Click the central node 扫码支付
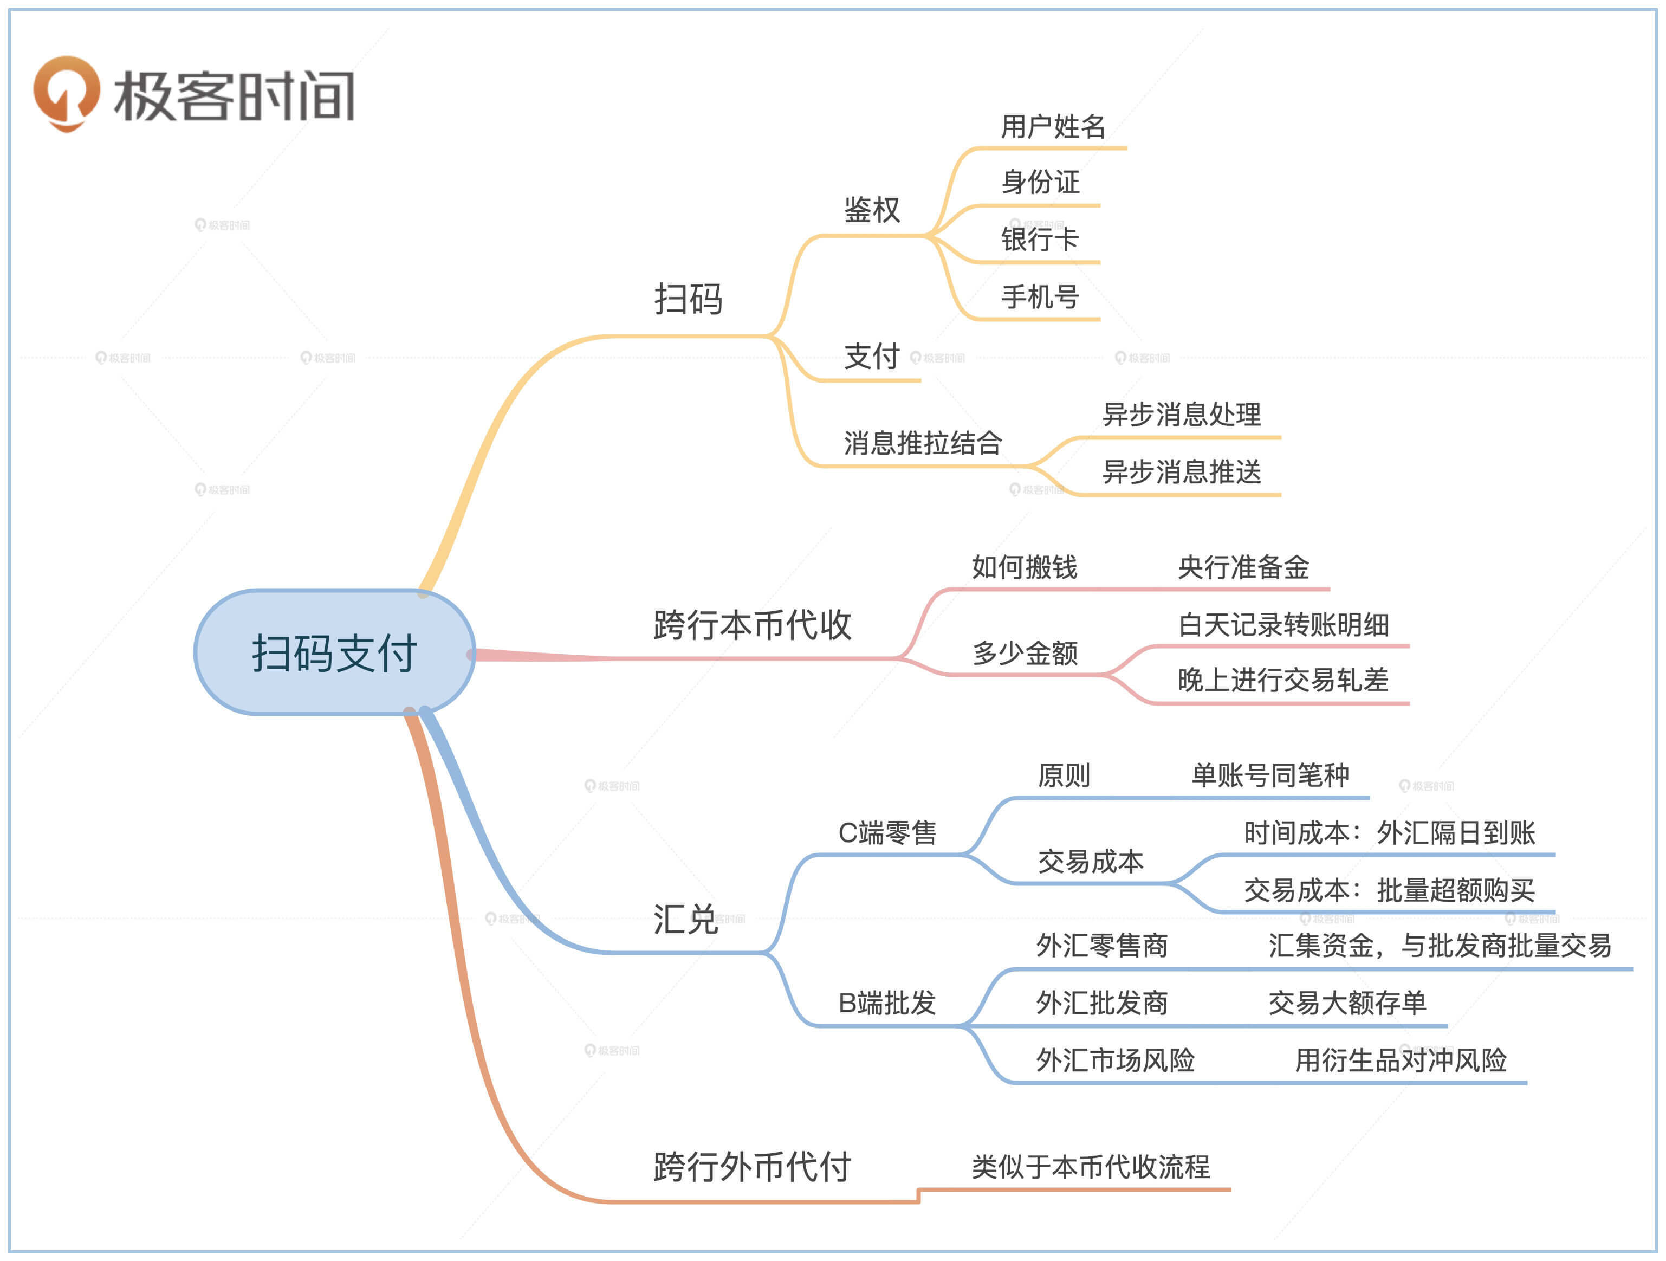[x=334, y=652]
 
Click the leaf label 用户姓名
[x=1052, y=127]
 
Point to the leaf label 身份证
[x=1040, y=182]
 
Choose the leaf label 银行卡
[x=1040, y=240]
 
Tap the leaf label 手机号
[x=1040, y=297]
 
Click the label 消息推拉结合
[x=923, y=443]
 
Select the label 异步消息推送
[x=1181, y=471]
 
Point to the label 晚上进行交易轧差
[x=1282, y=680]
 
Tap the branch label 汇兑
[x=685, y=919]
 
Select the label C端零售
[x=887, y=832]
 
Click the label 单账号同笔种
[x=1270, y=775]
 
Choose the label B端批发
[x=887, y=1003]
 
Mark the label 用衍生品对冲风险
[x=1400, y=1060]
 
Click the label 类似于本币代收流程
[x=1091, y=1167]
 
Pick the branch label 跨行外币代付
[x=751, y=1167]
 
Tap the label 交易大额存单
[x=1347, y=1003]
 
